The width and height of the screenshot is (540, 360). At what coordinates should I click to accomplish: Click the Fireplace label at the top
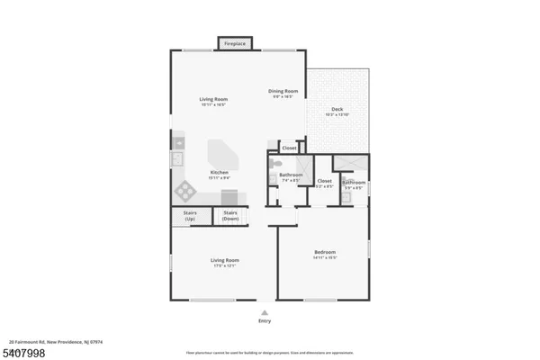click(236, 43)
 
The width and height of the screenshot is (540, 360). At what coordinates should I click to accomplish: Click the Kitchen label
click(219, 172)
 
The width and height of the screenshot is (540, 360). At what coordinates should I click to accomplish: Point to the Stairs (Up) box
click(190, 216)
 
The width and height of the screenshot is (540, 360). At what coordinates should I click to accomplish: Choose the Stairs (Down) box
click(230, 216)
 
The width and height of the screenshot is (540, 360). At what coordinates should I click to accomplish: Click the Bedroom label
click(325, 251)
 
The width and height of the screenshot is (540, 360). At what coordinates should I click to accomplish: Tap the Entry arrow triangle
click(265, 311)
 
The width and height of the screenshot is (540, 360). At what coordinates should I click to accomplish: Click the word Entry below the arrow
click(265, 320)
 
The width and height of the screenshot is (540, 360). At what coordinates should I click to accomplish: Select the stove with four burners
click(184, 191)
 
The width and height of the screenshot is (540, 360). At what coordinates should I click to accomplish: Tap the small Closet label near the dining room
click(289, 148)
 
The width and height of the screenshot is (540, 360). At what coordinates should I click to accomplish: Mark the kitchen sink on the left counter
click(178, 141)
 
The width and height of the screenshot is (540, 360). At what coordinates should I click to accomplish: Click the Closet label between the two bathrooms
click(324, 181)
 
